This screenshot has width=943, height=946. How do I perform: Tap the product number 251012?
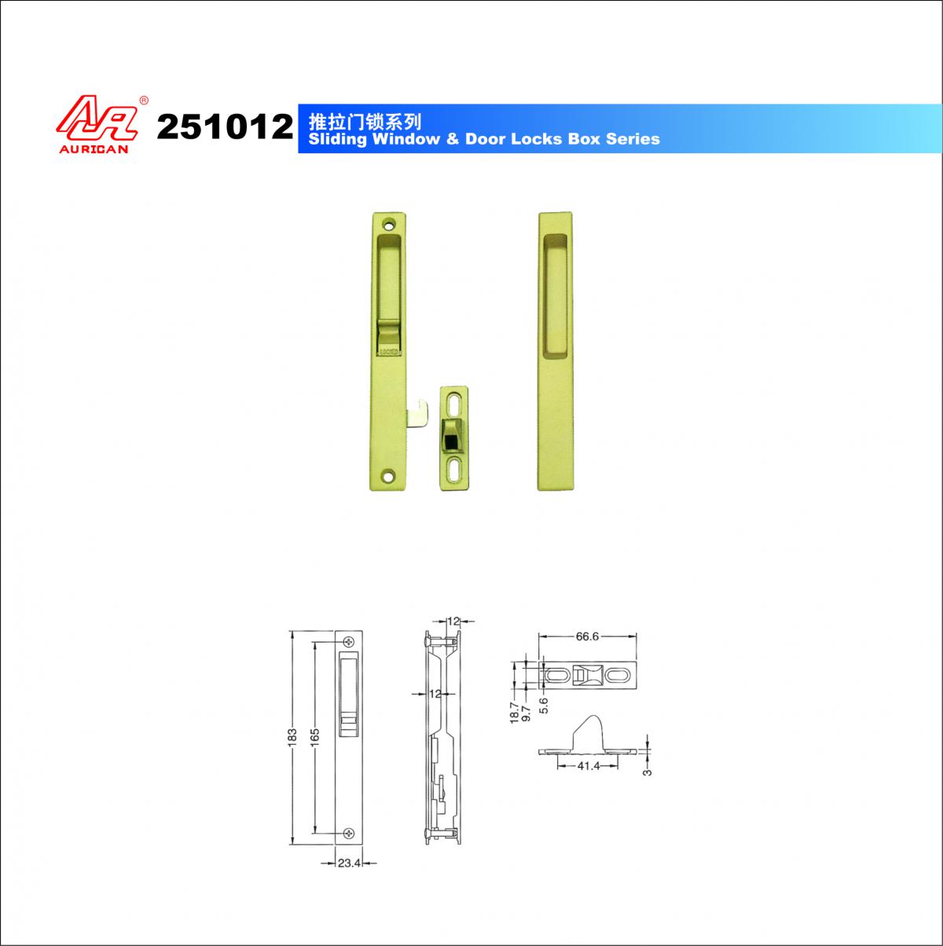pyautogui.click(x=225, y=126)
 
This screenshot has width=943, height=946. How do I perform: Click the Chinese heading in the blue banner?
pyautogui.click(x=365, y=121)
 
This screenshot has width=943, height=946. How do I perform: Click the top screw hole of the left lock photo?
pyautogui.click(x=390, y=226)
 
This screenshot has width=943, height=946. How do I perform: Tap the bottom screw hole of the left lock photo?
pyautogui.click(x=389, y=475)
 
